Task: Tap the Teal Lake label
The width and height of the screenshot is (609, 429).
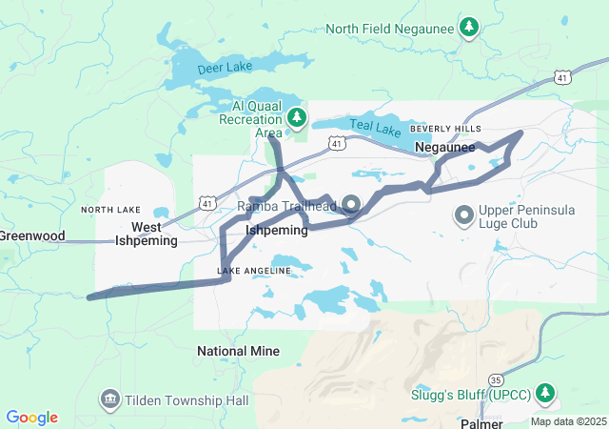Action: pyautogui.click(x=370, y=125)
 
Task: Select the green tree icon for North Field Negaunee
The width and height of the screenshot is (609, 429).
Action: pyautogui.click(x=468, y=29)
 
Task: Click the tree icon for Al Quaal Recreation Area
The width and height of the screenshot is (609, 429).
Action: pyautogui.click(x=297, y=118)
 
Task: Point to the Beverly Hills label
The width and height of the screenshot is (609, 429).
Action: pyautogui.click(x=445, y=129)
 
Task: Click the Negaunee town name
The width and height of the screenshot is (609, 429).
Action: pyautogui.click(x=445, y=147)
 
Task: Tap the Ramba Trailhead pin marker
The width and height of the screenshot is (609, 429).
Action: pyautogui.click(x=349, y=205)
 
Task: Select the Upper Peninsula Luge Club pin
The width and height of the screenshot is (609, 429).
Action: pyautogui.click(x=464, y=214)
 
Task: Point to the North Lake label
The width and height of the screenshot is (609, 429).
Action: pyautogui.click(x=110, y=210)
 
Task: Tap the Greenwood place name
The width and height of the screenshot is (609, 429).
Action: pyautogui.click(x=31, y=235)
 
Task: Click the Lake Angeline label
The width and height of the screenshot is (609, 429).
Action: pyautogui.click(x=254, y=272)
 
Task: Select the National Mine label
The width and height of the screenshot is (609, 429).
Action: pyautogui.click(x=238, y=351)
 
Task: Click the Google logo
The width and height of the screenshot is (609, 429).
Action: pyautogui.click(x=31, y=418)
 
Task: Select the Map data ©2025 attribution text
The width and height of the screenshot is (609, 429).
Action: pyautogui.click(x=568, y=421)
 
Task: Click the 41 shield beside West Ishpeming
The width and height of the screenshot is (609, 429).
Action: pyautogui.click(x=207, y=202)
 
